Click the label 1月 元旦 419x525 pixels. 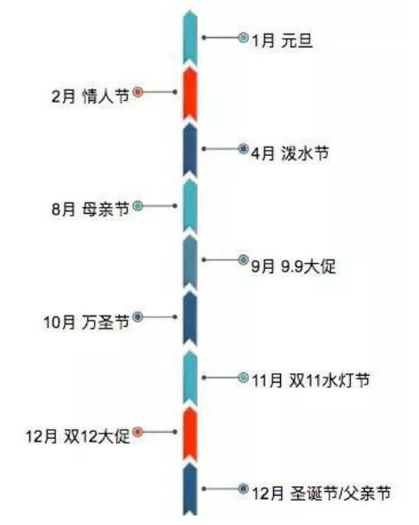pos(282,41)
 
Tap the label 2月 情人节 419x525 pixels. pos(91,96)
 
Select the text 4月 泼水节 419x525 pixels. pos(290,153)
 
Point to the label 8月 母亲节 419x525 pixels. pos(91,209)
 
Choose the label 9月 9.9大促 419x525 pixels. pos(293,266)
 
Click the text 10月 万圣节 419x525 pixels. pos(86,322)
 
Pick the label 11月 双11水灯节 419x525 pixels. pos(311,380)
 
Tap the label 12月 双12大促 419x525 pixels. pos(78,436)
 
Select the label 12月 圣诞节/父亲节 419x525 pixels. pos(322,493)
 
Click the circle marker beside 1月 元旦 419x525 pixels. pos(243,38)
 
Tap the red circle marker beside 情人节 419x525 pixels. pos(138,91)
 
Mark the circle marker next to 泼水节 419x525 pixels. pos(243,148)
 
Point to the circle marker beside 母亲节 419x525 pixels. pos(138,205)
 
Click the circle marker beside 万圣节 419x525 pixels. pos(138,316)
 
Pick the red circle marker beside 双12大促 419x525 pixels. pos(138,432)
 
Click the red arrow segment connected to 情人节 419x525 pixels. pos(190,94)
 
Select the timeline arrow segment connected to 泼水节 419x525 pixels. pos(190,150)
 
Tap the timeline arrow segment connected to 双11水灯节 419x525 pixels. pos(190,378)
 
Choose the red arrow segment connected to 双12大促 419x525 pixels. pos(190,434)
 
